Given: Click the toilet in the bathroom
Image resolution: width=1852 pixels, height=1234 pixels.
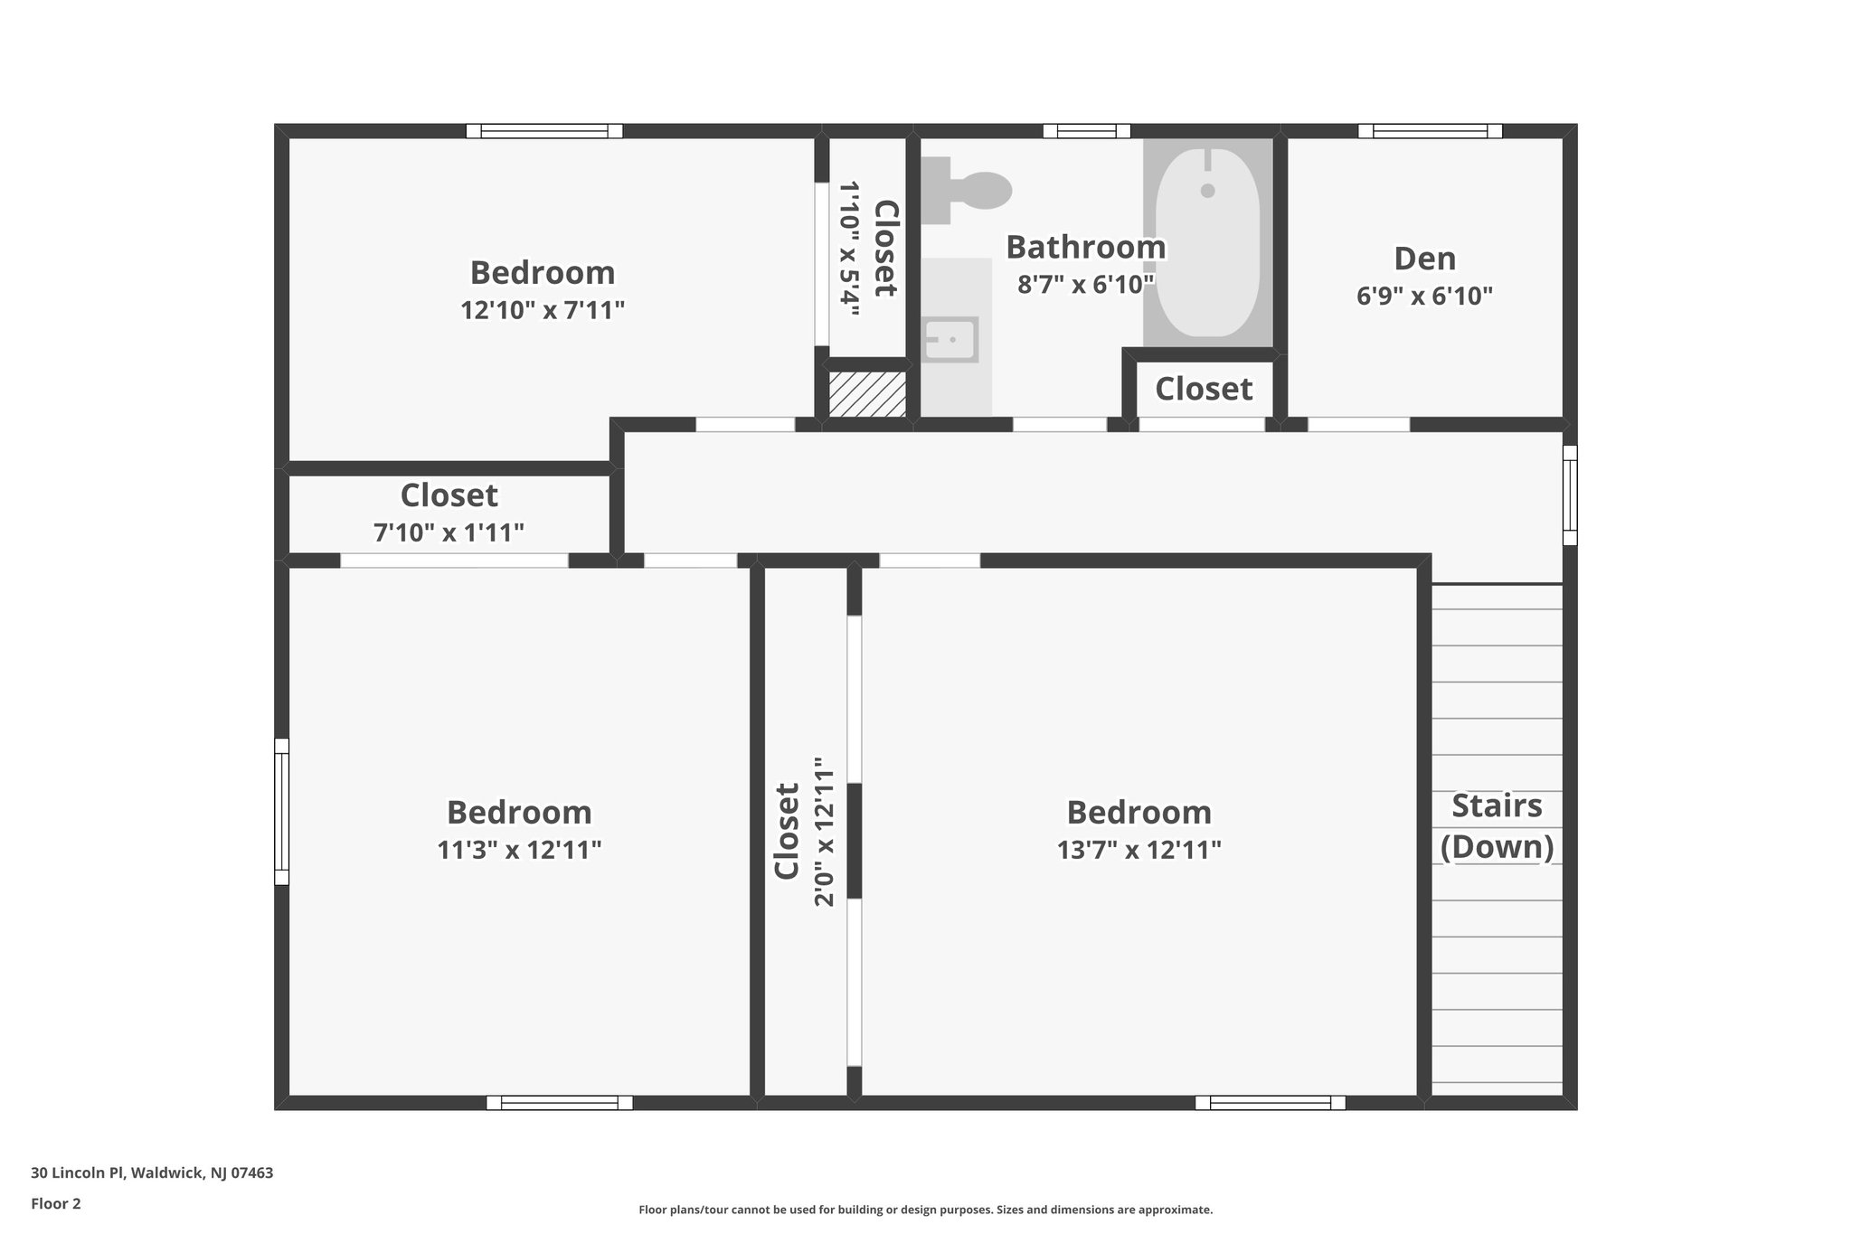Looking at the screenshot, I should [972, 190].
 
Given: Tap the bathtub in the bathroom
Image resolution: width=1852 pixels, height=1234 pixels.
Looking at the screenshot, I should [1207, 242].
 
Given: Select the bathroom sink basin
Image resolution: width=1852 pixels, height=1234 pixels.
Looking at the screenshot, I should [950, 340].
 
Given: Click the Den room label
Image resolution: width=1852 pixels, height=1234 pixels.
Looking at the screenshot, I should [1424, 259].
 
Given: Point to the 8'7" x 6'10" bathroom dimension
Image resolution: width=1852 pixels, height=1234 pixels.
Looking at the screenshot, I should [1085, 285].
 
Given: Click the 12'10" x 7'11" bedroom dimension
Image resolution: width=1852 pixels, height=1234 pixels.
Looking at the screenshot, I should [543, 311].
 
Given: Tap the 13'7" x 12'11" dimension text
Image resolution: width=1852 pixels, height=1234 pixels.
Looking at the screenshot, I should [1139, 851].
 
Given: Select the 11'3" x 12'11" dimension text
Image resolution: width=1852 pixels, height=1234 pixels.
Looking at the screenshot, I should [519, 851].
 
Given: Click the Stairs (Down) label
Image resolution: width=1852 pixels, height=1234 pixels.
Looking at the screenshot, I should [1497, 826].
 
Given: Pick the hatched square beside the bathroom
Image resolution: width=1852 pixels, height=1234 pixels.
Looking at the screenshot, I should [867, 394].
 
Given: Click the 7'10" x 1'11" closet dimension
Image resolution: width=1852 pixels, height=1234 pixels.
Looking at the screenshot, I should [449, 533].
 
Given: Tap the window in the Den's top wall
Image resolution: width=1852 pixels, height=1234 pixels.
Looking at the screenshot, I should [1430, 131].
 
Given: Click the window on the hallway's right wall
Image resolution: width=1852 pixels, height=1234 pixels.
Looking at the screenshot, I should [1570, 495].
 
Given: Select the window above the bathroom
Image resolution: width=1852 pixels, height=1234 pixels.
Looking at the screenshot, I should [1086, 131].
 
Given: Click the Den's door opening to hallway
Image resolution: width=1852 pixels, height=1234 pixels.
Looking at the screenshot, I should [1358, 424].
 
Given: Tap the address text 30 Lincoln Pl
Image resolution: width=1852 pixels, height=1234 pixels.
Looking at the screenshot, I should [152, 1173].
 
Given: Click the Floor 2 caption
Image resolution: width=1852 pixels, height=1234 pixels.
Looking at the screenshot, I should [56, 1203].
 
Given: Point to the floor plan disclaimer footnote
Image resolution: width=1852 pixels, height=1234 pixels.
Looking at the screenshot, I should [925, 1210].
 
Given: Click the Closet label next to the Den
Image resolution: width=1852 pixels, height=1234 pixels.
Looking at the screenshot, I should [1204, 389].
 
